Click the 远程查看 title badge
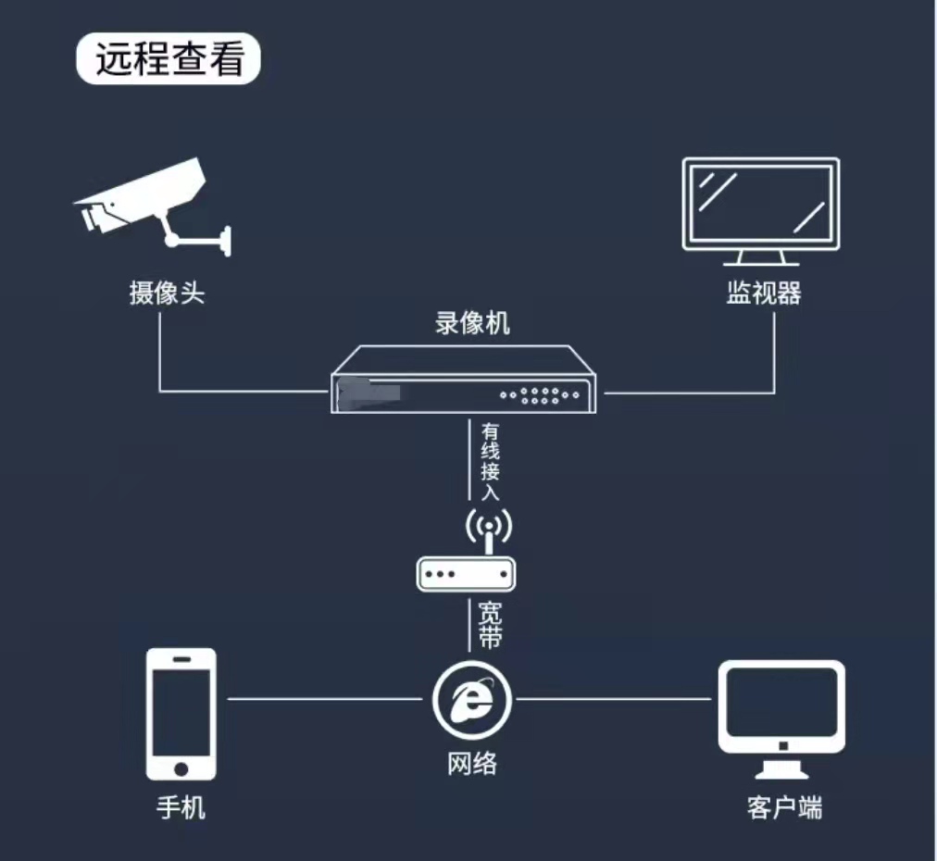click(x=169, y=58)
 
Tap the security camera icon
click(x=153, y=206)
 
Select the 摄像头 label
click(x=167, y=293)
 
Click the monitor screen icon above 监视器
click(x=761, y=211)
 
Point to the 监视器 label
click(x=763, y=293)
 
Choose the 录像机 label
click(x=472, y=323)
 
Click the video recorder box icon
click(x=463, y=379)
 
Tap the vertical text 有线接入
click(x=490, y=461)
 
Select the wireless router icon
click(x=466, y=550)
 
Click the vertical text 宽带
click(x=490, y=626)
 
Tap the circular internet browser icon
click(x=472, y=700)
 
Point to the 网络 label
click(x=472, y=763)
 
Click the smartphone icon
click(x=181, y=714)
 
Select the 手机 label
click(x=181, y=807)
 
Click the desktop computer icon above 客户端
click(x=781, y=719)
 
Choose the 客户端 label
click(x=784, y=807)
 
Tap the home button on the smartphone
click(x=181, y=768)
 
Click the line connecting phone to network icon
click(x=325, y=698)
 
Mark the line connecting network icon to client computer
click(x=614, y=698)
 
